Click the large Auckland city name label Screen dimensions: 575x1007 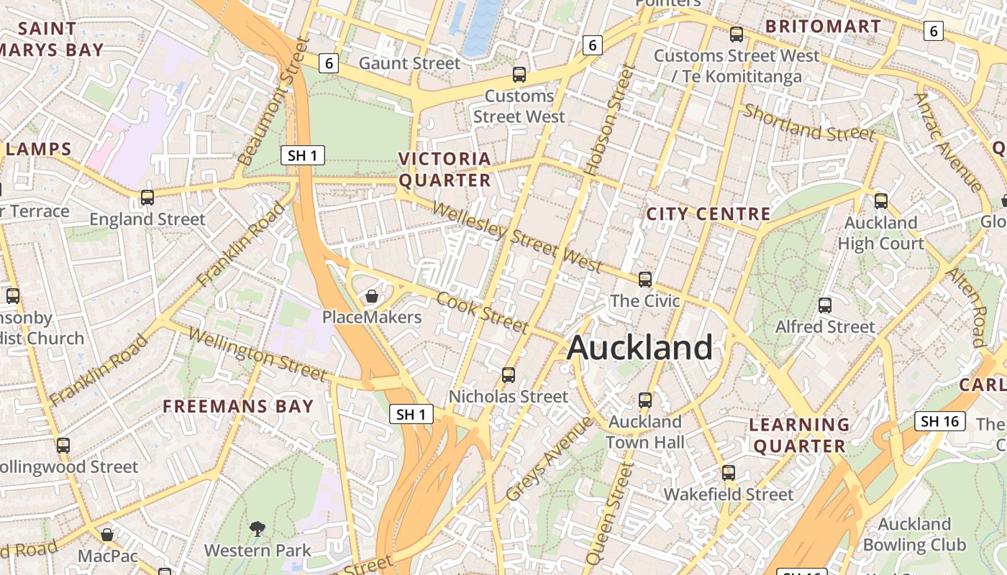(x=639, y=348)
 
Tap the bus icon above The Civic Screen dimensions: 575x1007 (x=645, y=280)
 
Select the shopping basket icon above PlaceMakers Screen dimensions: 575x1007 (x=372, y=296)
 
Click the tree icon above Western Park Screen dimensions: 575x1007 (x=258, y=530)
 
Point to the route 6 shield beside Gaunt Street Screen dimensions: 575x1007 (x=329, y=63)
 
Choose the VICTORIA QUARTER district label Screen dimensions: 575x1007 (x=445, y=169)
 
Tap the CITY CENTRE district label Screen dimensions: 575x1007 (x=708, y=214)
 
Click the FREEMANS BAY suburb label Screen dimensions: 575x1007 (x=238, y=406)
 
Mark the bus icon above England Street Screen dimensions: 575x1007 (x=147, y=198)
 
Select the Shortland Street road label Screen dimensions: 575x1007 (x=809, y=123)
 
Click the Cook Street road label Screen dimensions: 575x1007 (x=483, y=312)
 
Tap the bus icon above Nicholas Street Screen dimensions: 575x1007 (x=509, y=375)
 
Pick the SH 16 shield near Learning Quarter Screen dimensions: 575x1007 (x=939, y=421)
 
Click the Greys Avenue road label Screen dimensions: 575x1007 (x=550, y=459)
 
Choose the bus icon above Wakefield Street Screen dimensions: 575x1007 (x=729, y=473)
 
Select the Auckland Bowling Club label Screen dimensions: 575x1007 (x=914, y=534)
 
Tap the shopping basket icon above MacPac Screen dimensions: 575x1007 (x=107, y=535)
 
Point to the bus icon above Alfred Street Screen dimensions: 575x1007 (x=825, y=305)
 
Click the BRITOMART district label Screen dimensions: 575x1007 (x=823, y=27)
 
